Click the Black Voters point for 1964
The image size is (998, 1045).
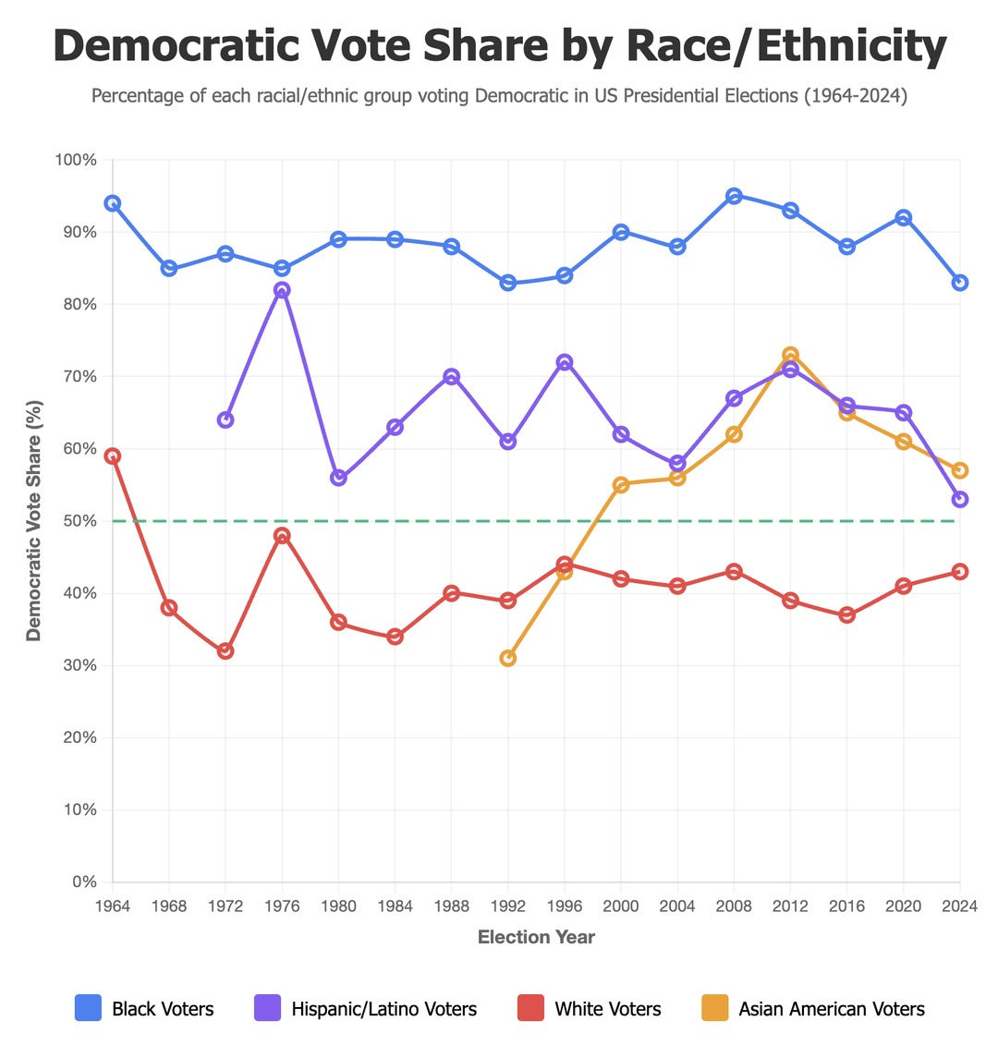113,203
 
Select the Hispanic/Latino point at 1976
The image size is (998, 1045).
282,290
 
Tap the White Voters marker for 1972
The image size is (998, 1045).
225,651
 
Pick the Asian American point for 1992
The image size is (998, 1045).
508,658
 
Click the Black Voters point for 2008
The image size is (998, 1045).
734,196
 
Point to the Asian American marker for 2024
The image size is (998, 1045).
960,470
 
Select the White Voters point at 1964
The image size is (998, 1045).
113,456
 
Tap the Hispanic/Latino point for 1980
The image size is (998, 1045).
338,478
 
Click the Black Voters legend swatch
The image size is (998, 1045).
88,1009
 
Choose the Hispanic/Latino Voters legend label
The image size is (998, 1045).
384,1009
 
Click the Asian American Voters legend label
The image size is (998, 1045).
832,1009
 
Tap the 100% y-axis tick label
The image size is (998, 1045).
76,160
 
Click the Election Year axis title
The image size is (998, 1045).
536,938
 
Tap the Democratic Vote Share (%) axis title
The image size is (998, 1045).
34,520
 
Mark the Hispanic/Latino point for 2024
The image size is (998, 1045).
960,500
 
